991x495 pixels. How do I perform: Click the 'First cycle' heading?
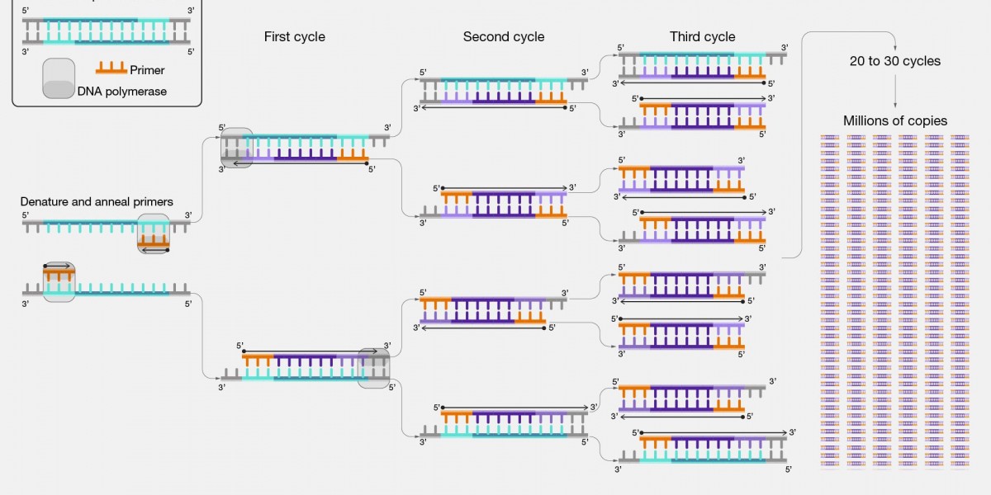(294, 36)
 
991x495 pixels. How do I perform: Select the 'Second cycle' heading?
(504, 36)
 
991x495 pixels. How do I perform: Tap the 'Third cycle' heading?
(702, 36)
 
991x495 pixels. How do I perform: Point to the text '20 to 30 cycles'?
(895, 60)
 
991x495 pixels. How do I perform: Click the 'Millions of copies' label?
(895, 120)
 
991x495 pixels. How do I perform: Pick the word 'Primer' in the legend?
(148, 70)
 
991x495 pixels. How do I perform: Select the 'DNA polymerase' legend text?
(122, 92)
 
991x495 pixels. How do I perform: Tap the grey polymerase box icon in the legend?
(59, 78)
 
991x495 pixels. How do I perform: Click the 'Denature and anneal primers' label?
(97, 201)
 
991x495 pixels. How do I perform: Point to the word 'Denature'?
(45, 201)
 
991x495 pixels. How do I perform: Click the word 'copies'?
(926, 120)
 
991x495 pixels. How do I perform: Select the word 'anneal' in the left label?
(115, 201)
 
